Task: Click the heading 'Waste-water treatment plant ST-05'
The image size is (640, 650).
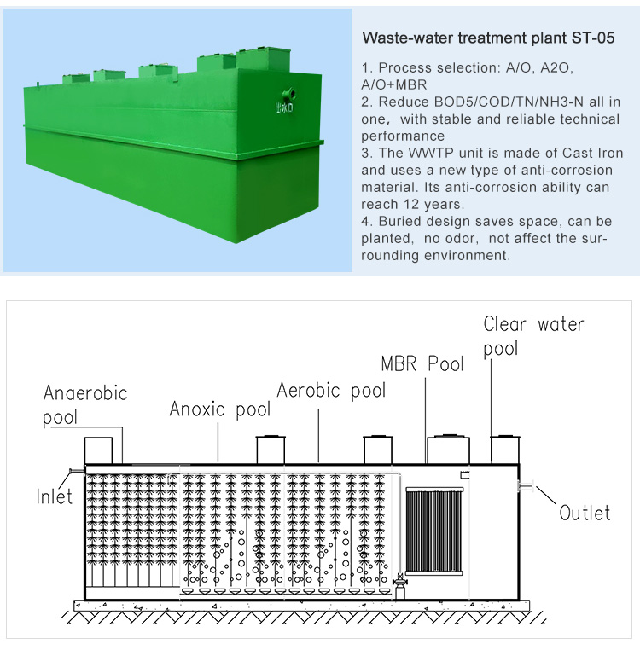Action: point(488,38)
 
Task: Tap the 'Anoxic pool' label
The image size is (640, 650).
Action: point(220,409)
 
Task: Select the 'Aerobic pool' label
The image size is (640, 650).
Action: point(331,391)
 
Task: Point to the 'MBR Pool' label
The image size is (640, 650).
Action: point(422,363)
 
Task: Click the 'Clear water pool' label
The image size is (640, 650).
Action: point(533,336)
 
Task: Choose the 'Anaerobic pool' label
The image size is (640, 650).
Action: point(85,405)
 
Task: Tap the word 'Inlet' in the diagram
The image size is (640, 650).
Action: point(55,496)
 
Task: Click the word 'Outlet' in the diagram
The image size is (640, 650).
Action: point(585,513)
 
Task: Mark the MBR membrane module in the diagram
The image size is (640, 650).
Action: point(433,531)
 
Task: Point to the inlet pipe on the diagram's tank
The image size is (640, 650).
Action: point(76,471)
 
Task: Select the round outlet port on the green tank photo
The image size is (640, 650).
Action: point(289,94)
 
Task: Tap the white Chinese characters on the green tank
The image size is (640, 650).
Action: point(284,107)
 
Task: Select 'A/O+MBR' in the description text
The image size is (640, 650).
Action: point(394,84)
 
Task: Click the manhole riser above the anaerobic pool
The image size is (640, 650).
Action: point(98,450)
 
